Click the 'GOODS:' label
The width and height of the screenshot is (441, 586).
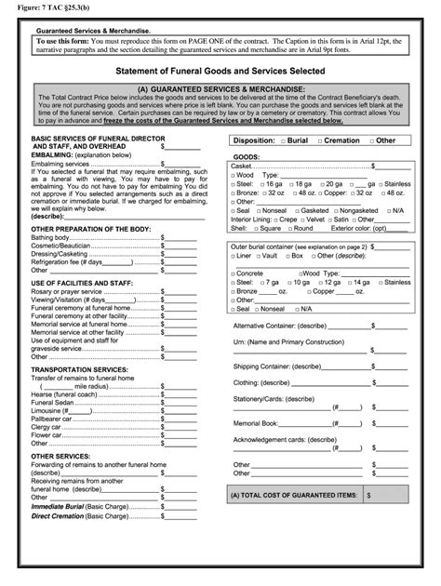(x=247, y=157)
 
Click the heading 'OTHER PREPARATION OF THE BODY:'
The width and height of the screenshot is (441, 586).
(x=90, y=228)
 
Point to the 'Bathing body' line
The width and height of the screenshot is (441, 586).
(x=52, y=238)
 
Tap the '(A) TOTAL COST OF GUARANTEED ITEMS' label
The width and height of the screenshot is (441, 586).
(x=292, y=497)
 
